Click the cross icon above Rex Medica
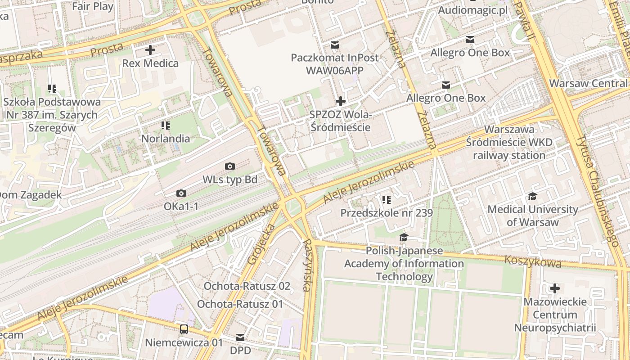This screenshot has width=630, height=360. [x=150, y=50]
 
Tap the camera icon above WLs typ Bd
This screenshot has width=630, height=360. [x=230, y=166]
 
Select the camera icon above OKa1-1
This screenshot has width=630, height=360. [x=181, y=193]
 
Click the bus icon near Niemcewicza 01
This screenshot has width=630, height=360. [x=184, y=329]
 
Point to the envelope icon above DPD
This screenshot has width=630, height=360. [x=240, y=337]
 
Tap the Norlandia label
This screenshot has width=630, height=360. [x=166, y=139]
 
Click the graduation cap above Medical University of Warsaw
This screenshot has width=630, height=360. [x=533, y=196]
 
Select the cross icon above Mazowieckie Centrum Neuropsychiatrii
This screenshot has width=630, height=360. [x=555, y=288]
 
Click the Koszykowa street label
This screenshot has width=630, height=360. [x=533, y=261]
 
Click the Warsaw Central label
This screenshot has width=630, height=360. [x=588, y=83]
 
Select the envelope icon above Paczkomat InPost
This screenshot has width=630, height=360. [x=335, y=45]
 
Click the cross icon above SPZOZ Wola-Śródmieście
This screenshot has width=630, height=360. [x=341, y=101]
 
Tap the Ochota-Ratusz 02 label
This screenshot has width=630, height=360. [x=247, y=286]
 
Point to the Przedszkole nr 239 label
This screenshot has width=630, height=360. [x=387, y=213]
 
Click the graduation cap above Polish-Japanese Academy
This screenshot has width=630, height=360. [x=404, y=237]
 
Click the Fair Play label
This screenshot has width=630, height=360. [x=93, y=6]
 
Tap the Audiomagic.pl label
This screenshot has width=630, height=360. [x=472, y=10]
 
